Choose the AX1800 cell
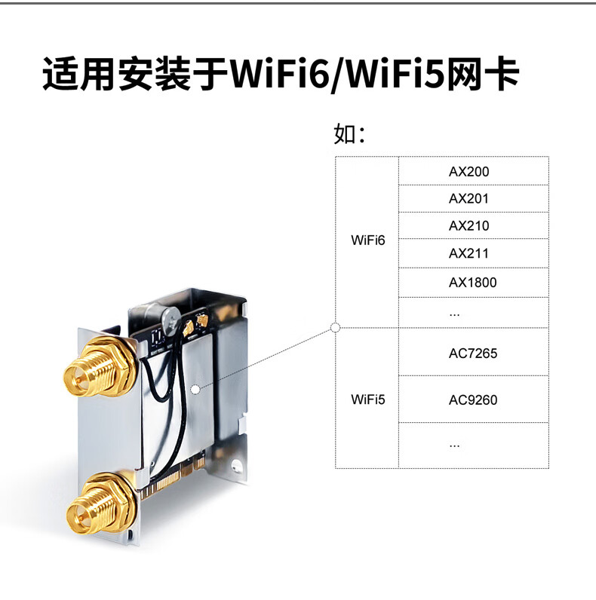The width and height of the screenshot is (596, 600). [473, 283]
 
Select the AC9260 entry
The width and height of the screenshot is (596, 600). [473, 399]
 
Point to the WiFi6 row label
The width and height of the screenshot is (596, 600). [367, 240]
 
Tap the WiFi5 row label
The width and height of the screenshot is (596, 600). [367, 399]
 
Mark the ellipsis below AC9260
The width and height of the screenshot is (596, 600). [454, 446]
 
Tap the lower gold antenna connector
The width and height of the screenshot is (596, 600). [100, 504]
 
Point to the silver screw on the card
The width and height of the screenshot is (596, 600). [171, 319]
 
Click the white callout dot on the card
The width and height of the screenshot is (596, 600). [195, 390]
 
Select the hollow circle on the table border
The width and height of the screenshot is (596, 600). [335, 328]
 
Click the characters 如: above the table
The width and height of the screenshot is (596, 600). [350, 134]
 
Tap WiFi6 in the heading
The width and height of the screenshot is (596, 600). [280, 74]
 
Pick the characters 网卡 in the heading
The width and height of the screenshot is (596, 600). [483, 74]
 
